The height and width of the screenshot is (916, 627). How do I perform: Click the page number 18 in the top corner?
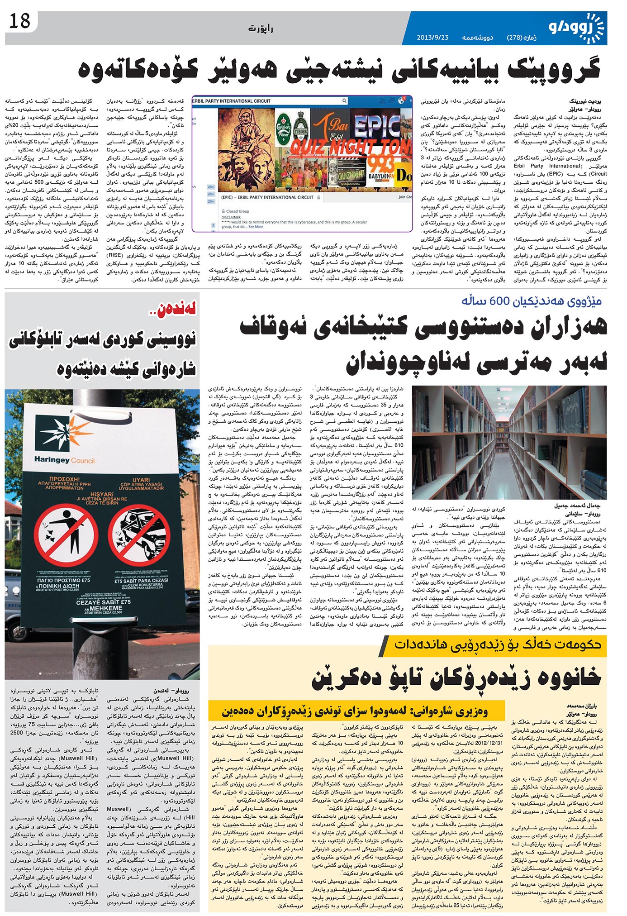tap(19, 21)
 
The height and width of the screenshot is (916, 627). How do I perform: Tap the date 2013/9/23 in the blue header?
tap(432, 37)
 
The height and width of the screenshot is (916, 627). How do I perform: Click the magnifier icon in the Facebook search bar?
tap(344, 101)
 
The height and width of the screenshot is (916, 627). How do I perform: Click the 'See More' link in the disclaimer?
tap(256, 227)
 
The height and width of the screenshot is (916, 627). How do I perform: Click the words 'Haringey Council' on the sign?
tap(64, 460)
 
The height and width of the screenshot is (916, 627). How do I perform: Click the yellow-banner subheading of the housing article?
tap(498, 644)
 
